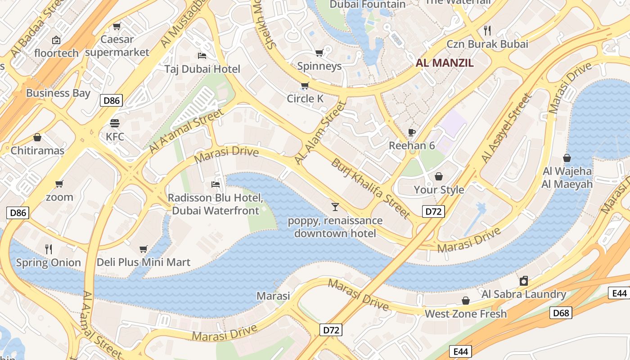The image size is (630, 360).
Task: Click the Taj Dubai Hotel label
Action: (202, 69)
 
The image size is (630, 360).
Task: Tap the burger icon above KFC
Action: (115, 123)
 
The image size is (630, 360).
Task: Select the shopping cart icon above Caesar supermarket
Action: (117, 27)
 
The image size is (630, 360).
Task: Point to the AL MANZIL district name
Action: (445, 63)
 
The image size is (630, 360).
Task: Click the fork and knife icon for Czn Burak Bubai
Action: (487, 31)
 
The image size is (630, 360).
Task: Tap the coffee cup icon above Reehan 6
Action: (411, 132)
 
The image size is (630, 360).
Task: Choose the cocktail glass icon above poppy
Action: (335, 207)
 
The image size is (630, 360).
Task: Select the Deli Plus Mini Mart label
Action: (144, 262)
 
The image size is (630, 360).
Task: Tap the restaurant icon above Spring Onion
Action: (49, 249)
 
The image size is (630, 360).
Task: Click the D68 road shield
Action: (561, 313)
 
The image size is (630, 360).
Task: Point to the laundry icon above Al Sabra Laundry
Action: (523, 281)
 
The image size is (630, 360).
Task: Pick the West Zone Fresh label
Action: (466, 314)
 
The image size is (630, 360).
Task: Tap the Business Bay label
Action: (58, 93)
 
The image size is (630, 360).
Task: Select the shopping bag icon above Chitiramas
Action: (37, 137)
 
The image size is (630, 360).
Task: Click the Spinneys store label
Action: (319, 66)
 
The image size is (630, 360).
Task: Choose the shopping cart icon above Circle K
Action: (305, 85)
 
